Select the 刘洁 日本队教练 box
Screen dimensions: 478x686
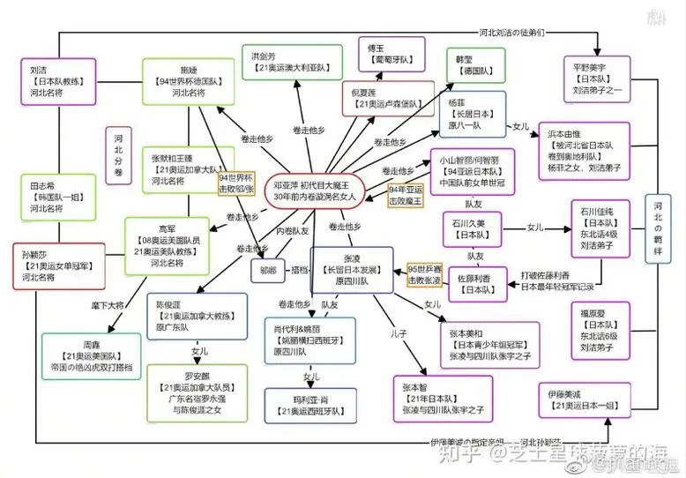pos(52,82)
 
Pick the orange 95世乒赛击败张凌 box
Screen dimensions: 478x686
pos(423,273)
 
